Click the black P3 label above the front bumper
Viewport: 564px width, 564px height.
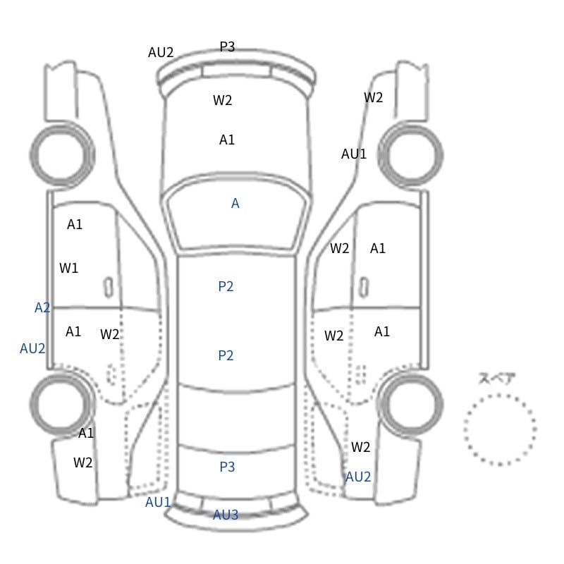(x=227, y=47)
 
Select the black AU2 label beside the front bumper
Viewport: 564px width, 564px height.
(x=161, y=52)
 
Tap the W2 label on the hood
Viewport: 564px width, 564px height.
(x=222, y=100)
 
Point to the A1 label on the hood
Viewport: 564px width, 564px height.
(x=227, y=140)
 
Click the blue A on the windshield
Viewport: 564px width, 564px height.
(x=235, y=203)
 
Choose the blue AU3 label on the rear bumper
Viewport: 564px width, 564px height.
(x=226, y=515)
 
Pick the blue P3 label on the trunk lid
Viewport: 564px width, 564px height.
(x=227, y=467)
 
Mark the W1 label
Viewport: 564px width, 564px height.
(x=68, y=268)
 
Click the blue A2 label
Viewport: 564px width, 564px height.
(x=42, y=307)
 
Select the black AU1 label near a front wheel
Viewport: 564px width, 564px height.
(x=354, y=154)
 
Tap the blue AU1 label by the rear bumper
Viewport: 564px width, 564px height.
(x=158, y=502)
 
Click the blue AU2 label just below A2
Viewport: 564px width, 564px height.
(x=32, y=348)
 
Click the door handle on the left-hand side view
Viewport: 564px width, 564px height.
(x=109, y=288)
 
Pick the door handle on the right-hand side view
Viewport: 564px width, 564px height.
(x=364, y=288)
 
